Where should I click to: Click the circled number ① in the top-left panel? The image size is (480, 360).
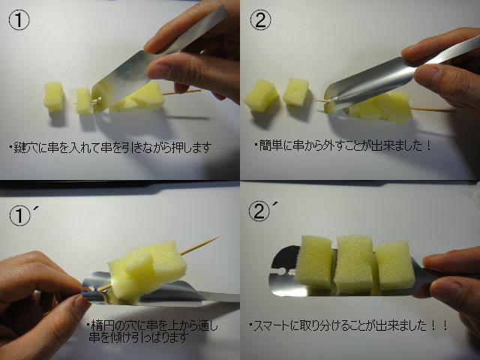19,20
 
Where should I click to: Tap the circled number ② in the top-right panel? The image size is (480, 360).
260,20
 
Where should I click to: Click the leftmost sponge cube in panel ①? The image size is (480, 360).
54,96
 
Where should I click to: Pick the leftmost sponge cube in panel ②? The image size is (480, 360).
261,95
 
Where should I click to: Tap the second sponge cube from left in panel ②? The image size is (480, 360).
296,91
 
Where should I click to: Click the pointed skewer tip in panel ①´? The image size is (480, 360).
218,237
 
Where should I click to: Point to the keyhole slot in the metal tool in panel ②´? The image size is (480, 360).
283,271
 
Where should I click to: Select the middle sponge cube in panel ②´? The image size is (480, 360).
353,263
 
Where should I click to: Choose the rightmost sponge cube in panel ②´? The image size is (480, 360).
395,265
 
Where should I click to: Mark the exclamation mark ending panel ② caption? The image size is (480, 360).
428,145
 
